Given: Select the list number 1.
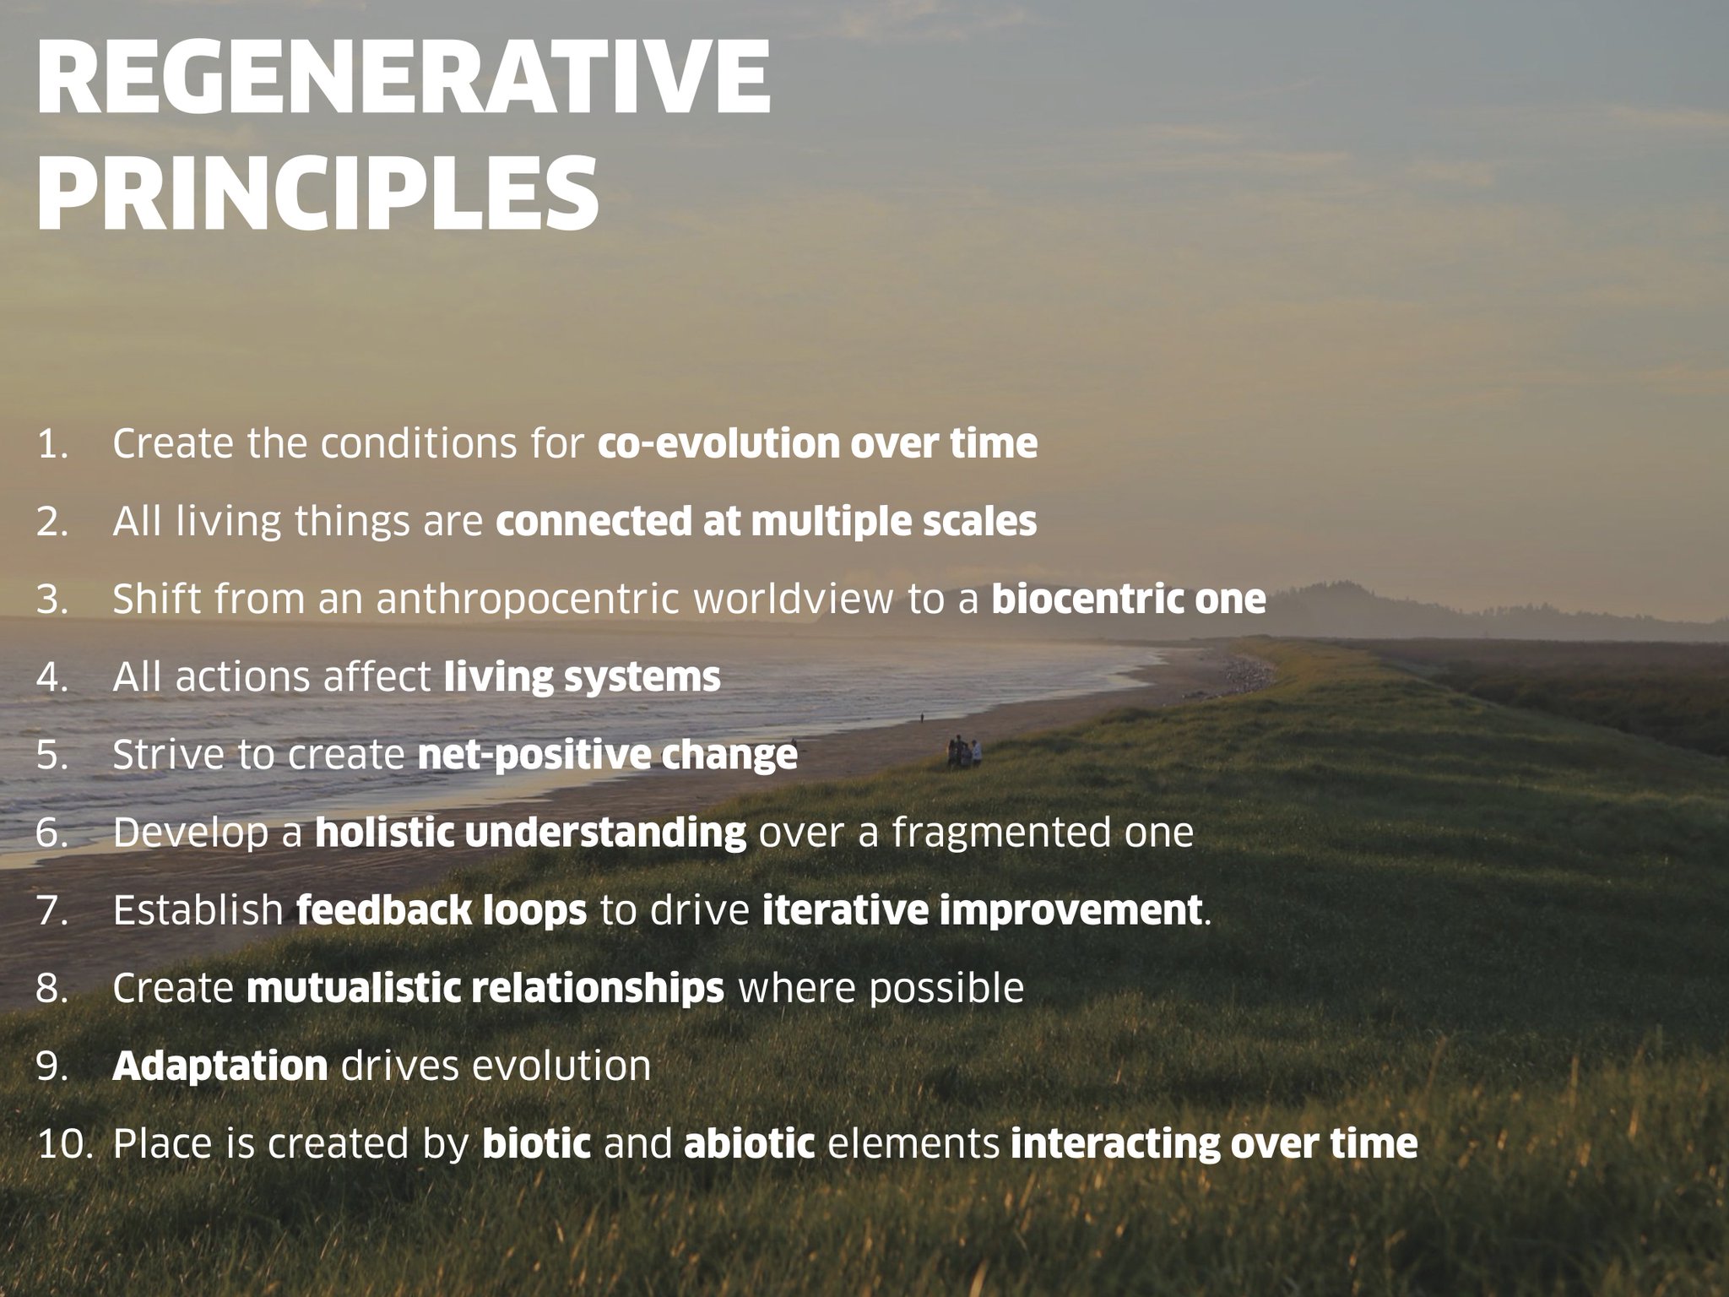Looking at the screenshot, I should pos(51,444).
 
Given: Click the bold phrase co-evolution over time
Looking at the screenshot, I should pos(817,444).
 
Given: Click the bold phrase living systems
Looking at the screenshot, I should pos(583,677).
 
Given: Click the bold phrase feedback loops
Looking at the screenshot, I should pos(442,910).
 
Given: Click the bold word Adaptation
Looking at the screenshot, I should pos(220,1066).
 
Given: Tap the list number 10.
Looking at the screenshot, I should pos(62,1143).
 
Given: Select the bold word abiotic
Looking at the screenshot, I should pos(750,1143).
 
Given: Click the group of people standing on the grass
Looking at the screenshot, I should pos(963,752).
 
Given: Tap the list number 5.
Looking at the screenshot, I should pos(51,755).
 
